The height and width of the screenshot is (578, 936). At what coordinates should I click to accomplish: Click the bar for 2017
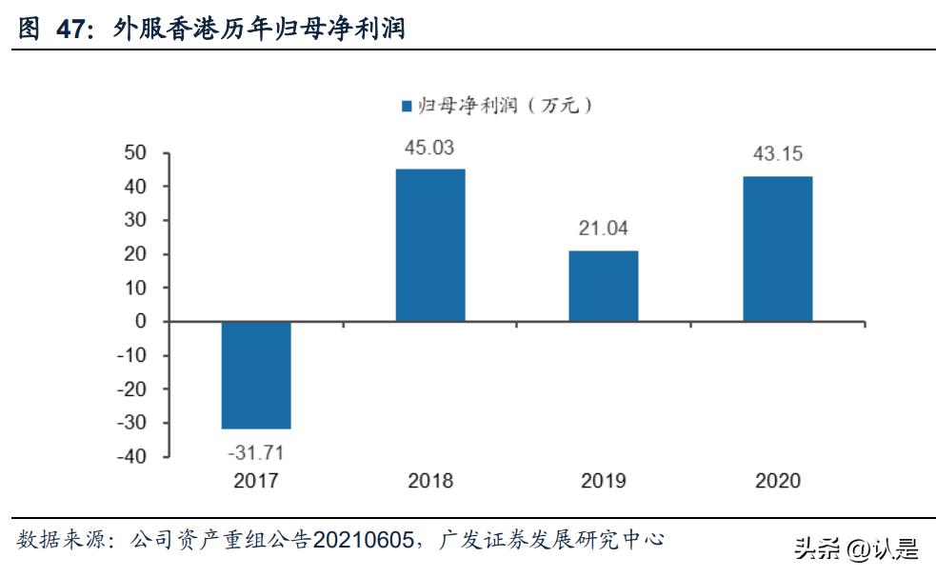click(x=256, y=375)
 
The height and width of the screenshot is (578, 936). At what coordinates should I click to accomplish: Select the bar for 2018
click(x=430, y=245)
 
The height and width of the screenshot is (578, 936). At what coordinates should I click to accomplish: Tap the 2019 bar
click(x=604, y=286)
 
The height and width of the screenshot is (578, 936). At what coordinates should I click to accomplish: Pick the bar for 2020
click(x=778, y=249)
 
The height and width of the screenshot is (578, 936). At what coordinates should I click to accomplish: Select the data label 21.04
click(x=604, y=229)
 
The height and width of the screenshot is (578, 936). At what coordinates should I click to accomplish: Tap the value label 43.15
click(x=778, y=154)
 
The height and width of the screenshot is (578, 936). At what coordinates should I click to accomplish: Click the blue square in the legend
click(x=406, y=106)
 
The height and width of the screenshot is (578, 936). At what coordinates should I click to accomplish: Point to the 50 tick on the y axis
click(x=136, y=153)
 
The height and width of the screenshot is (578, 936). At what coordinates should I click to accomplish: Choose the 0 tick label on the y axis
click(x=141, y=322)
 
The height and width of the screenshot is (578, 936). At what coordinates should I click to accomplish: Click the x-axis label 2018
click(x=430, y=481)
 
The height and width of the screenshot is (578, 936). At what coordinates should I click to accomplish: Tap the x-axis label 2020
click(x=778, y=481)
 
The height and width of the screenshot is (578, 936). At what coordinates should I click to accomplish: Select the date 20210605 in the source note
click(x=362, y=541)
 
